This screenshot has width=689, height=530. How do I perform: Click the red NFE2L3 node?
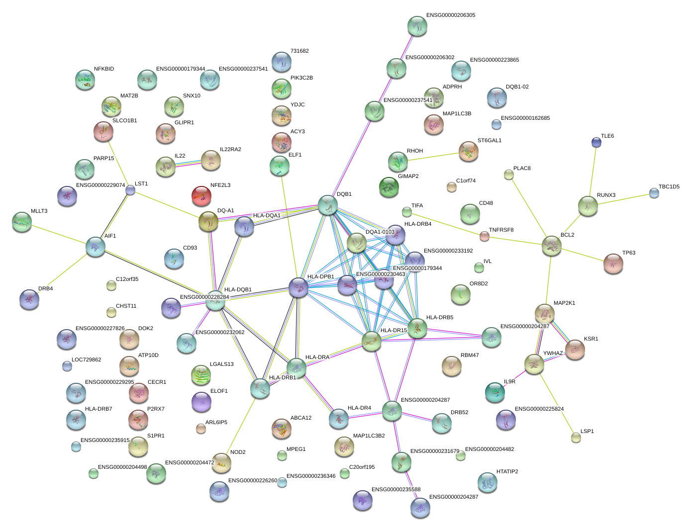[x=201, y=195]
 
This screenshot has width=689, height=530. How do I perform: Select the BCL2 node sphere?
[x=551, y=245]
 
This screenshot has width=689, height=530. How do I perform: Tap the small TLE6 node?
[x=596, y=143]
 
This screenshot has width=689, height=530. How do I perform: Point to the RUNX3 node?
[x=588, y=205]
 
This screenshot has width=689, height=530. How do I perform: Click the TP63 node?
[x=613, y=263]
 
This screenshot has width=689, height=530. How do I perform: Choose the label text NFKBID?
[x=104, y=69]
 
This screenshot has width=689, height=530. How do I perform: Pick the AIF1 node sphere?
[x=96, y=247]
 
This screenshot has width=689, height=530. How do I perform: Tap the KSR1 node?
[x=575, y=350]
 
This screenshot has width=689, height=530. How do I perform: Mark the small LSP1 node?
[x=576, y=438]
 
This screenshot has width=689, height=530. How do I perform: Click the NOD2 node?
[x=221, y=462]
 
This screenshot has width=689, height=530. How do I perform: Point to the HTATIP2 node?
[x=487, y=482]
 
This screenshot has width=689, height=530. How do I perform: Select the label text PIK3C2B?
[x=301, y=78]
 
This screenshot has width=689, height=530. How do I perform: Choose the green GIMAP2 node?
[x=389, y=187]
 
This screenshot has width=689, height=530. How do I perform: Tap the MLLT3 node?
[x=22, y=222]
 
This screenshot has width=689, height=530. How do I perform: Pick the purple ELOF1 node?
[x=201, y=401]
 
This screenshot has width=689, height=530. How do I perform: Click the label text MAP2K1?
[x=564, y=303]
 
